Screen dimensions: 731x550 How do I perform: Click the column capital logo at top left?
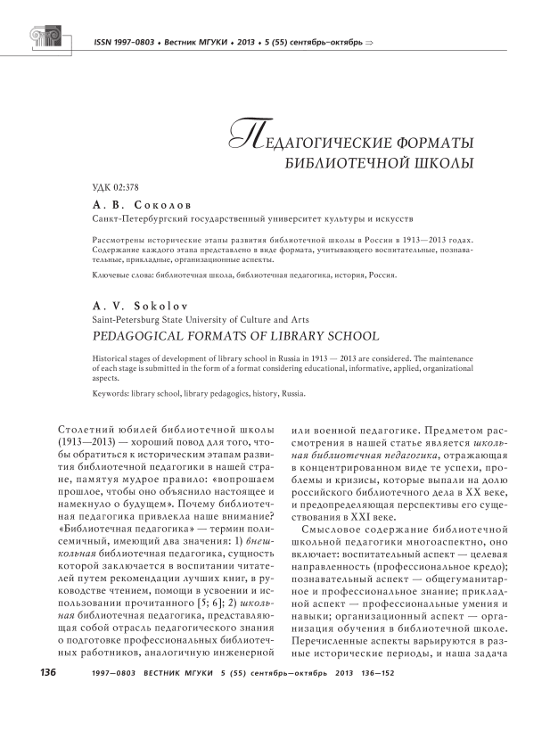click(x=47, y=37)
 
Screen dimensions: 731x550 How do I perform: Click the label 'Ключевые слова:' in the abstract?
click(x=121, y=275)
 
